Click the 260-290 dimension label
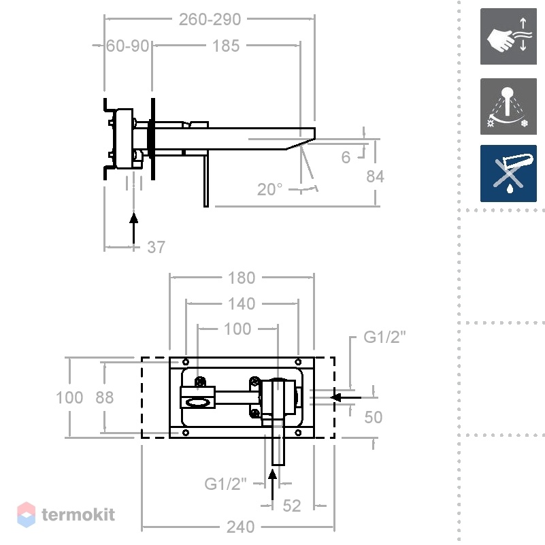[x=210, y=20]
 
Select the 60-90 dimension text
[x=127, y=46]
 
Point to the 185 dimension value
[x=226, y=46]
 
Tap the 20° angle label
[x=269, y=189]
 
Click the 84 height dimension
[x=375, y=177]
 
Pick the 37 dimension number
[x=156, y=247]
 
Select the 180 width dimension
[x=242, y=278]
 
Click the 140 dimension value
[x=242, y=303]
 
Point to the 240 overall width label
[x=241, y=527]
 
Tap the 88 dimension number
[x=105, y=397]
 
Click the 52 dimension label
[x=292, y=506]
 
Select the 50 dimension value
[x=374, y=417]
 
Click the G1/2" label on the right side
[x=384, y=337]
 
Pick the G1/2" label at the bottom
[x=225, y=484]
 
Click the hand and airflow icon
[x=508, y=37]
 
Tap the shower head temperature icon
[x=508, y=106]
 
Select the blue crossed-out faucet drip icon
[x=508, y=174]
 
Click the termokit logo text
[x=78, y=514]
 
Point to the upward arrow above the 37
[x=134, y=229]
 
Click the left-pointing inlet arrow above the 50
[x=346, y=397]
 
